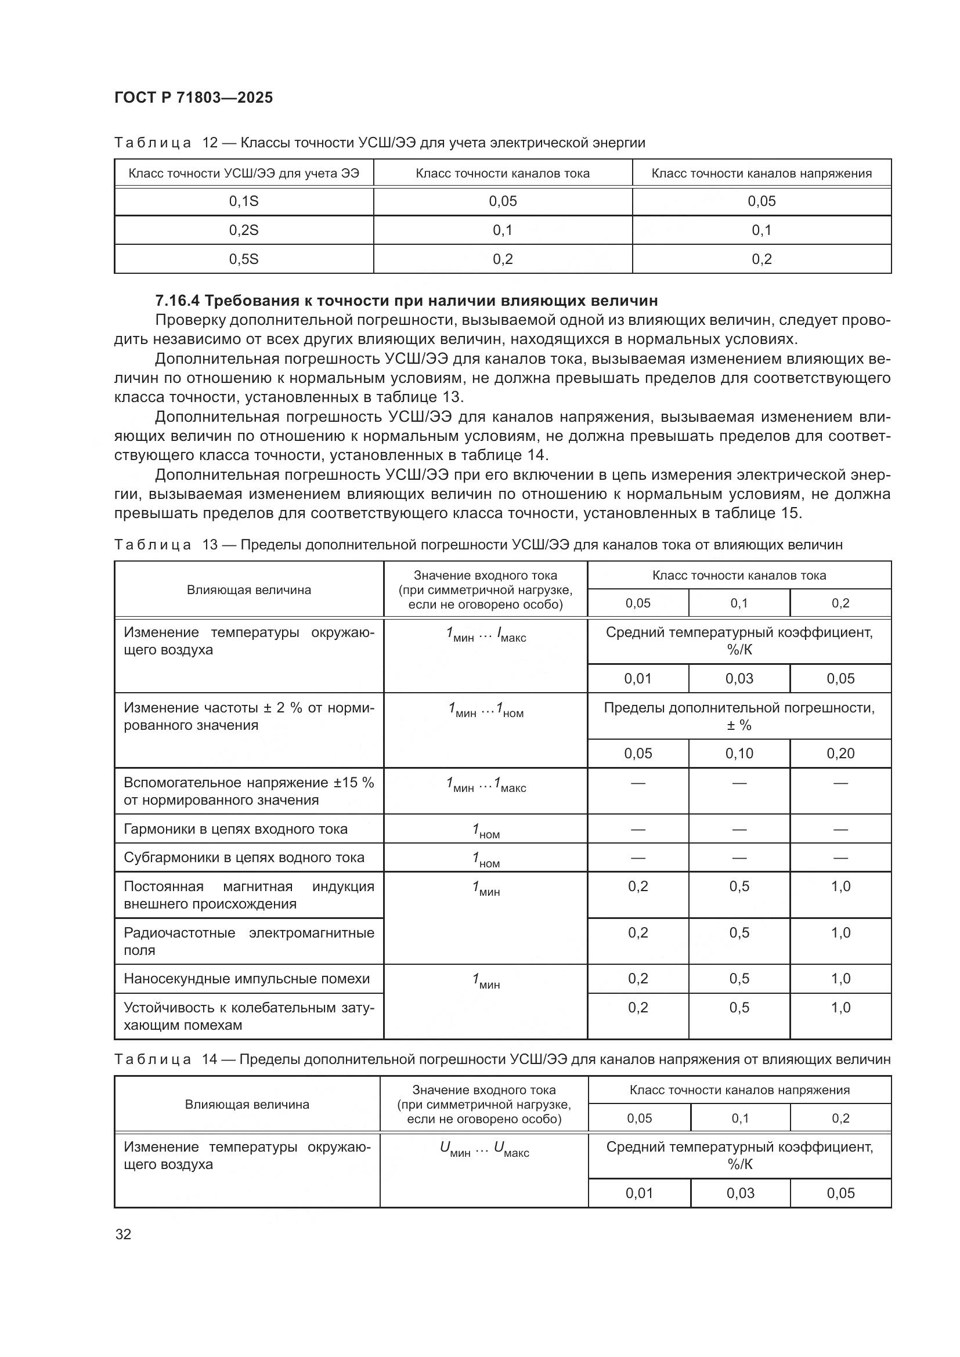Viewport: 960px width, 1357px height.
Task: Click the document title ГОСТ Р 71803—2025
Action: (193, 97)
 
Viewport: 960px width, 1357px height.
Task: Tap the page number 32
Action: (123, 1234)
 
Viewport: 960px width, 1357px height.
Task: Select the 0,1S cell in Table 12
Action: (244, 201)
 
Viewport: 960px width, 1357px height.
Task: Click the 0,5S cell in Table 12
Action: (244, 259)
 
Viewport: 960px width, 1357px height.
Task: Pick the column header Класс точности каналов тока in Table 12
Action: (503, 173)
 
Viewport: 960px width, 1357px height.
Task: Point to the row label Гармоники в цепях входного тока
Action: (235, 828)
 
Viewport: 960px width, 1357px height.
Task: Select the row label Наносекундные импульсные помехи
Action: (247, 978)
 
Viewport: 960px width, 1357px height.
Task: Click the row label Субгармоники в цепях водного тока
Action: (244, 857)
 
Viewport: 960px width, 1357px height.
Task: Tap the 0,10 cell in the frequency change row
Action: (739, 754)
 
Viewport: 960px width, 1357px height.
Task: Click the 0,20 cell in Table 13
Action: (840, 754)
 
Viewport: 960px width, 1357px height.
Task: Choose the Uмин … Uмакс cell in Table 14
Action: (484, 1148)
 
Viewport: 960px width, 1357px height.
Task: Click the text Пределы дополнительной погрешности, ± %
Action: (739, 716)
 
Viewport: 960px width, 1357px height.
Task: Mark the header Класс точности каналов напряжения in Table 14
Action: (739, 1090)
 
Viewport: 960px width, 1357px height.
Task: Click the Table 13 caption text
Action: (478, 545)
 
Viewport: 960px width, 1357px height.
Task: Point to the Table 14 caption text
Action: (501, 1059)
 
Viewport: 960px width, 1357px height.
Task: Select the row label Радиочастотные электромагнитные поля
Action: (249, 941)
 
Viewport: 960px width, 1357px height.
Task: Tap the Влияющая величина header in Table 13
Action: (249, 590)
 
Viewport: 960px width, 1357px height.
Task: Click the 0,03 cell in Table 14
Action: (740, 1193)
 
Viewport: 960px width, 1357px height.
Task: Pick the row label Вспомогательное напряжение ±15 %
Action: (249, 791)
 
